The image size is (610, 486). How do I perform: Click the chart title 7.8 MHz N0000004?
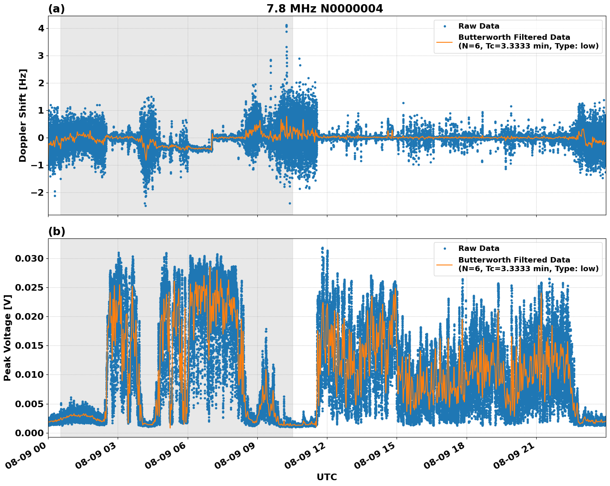(x=324, y=8)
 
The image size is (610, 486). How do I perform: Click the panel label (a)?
(x=56, y=9)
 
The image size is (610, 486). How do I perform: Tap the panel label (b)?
(x=56, y=231)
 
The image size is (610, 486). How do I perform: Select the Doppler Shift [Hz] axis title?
(x=23, y=115)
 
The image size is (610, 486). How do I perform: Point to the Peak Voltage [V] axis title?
(x=7, y=338)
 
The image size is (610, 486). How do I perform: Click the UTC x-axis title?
(x=327, y=477)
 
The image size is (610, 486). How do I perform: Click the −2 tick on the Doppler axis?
(x=38, y=192)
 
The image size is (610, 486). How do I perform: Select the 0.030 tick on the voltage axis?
(x=29, y=258)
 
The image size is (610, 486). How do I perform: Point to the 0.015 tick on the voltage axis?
(x=29, y=345)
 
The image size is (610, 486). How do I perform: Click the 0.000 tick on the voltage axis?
(x=29, y=433)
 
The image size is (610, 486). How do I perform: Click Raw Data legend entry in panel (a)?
(x=479, y=26)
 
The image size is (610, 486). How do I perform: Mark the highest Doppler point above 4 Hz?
(x=286, y=25)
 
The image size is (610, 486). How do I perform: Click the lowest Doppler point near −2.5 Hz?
(x=145, y=206)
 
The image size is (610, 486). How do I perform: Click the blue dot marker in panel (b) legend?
(x=445, y=248)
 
